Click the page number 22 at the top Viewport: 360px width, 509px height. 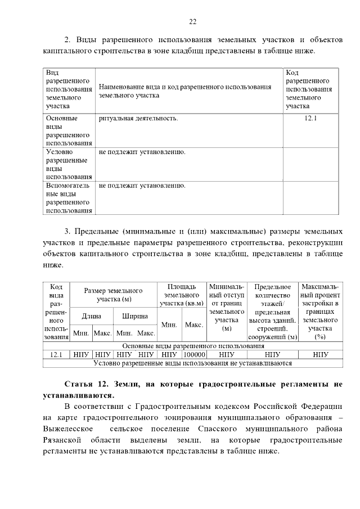click(192, 21)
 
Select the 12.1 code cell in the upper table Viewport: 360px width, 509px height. click(310, 119)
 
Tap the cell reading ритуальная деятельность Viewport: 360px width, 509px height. click(138, 119)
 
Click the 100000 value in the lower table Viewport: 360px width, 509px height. click(194, 355)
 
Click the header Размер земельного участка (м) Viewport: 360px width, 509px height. click(113, 295)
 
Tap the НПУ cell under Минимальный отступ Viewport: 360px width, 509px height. click(227, 355)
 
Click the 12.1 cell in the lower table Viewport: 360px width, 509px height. click(56, 355)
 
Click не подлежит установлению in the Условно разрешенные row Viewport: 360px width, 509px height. click(142, 152)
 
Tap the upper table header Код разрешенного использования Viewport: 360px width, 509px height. click(309, 89)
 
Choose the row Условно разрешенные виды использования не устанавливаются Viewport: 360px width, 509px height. click(192, 363)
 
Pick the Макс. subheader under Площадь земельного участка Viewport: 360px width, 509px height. click(194, 325)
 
